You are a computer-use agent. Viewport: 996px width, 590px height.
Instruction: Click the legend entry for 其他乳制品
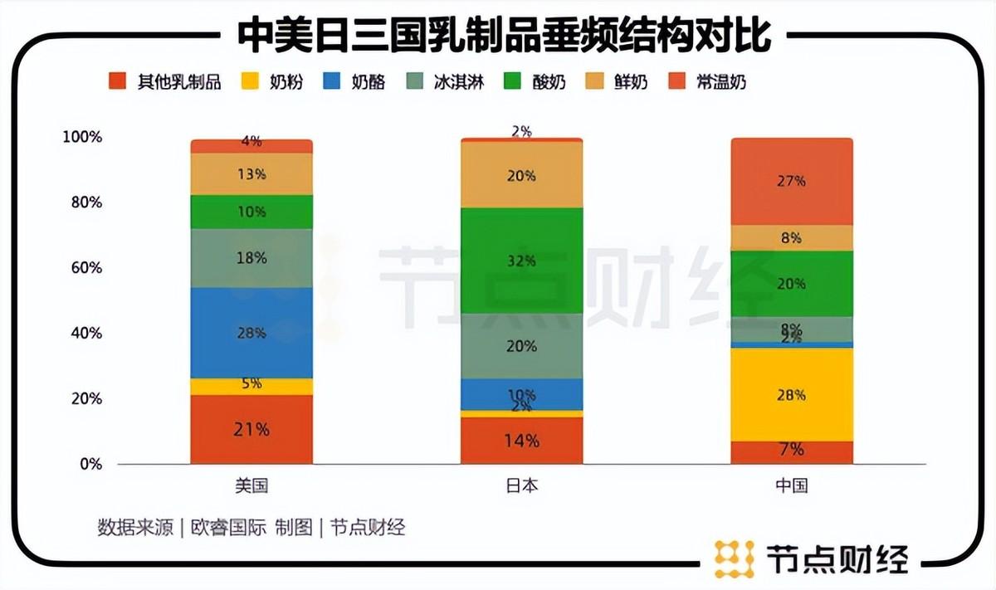click(x=165, y=81)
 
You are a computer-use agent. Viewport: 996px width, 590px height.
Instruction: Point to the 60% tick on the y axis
click(x=82, y=268)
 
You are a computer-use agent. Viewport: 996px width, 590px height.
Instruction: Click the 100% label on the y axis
click(x=81, y=137)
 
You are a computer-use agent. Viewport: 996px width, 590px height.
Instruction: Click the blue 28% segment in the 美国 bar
click(x=251, y=333)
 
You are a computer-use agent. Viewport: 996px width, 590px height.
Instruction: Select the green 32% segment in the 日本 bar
click(x=521, y=261)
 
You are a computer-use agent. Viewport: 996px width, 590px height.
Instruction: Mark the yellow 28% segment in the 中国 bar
click(x=791, y=394)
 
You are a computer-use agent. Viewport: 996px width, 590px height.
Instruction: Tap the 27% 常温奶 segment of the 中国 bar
click(x=791, y=181)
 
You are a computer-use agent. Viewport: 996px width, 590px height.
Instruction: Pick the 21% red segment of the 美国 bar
click(x=251, y=429)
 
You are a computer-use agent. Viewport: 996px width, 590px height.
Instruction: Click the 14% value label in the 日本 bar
click(x=521, y=441)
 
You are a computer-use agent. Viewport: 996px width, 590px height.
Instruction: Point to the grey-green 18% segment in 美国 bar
click(x=251, y=258)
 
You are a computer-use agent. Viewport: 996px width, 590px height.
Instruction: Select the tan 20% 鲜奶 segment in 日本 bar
click(x=521, y=175)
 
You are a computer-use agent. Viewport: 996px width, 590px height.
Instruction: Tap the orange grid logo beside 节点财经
click(x=734, y=558)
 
